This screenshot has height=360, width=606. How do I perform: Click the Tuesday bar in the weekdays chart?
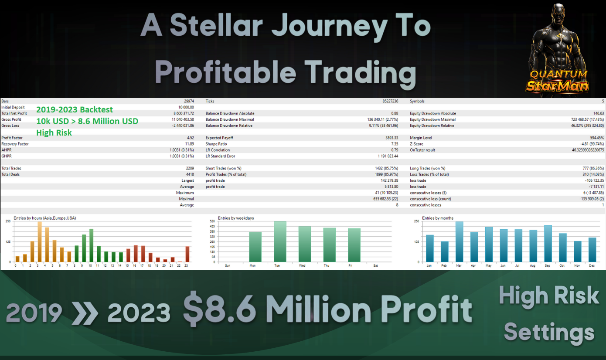click(x=280, y=241)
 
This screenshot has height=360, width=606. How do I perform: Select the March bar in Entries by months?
click(x=460, y=242)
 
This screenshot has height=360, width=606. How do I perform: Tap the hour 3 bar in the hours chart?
click(x=40, y=242)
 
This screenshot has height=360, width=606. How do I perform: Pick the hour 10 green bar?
click(x=92, y=245)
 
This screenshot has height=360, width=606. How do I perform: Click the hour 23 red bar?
click(x=187, y=254)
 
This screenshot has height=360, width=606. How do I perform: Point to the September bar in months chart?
click(x=548, y=244)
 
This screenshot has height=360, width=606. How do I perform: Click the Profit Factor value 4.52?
click(x=190, y=138)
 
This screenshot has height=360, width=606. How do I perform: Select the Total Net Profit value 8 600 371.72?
click(x=184, y=113)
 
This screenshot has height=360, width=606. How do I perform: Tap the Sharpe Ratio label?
click(x=216, y=144)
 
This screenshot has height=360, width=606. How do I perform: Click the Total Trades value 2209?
click(x=190, y=168)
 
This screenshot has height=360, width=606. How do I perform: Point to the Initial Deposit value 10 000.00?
click(x=186, y=107)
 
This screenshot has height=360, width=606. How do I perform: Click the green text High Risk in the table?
click(x=54, y=132)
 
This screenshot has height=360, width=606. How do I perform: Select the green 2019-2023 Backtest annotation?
click(x=75, y=109)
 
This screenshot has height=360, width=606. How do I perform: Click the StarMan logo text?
click(x=557, y=86)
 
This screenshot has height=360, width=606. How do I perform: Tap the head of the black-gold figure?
click(x=558, y=13)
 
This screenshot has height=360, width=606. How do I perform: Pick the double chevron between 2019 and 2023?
click(x=85, y=313)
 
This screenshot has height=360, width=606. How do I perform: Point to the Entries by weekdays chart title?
click(x=235, y=218)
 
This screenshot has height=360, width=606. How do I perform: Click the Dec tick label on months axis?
click(x=592, y=265)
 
